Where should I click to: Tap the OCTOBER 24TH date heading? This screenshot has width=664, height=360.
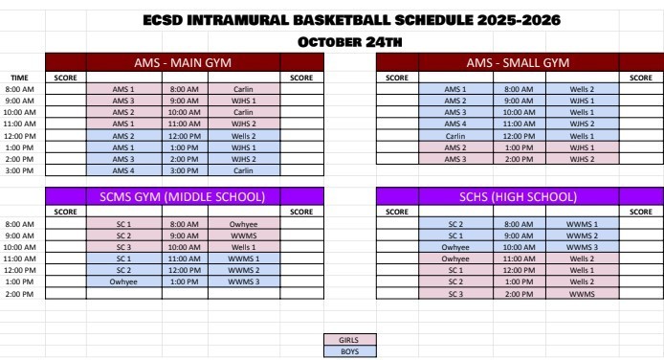point(350,40)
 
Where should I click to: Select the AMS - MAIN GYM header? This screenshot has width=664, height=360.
point(184,63)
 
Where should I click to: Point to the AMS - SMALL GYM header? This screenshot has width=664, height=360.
point(517,63)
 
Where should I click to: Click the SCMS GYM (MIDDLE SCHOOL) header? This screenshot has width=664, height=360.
point(184,197)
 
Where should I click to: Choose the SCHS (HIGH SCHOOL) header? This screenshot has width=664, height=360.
point(517,197)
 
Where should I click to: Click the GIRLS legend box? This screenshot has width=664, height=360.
point(350,339)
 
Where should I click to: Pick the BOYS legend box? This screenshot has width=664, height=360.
point(350,350)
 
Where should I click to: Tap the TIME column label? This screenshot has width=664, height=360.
point(19,78)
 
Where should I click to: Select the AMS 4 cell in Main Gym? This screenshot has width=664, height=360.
point(123,169)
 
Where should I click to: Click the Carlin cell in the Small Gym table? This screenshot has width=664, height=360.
point(454,135)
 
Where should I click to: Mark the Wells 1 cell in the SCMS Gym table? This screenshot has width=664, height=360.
point(243,247)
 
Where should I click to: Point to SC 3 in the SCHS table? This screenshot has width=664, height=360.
point(454,293)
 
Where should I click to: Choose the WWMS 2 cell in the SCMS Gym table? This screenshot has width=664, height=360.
point(243,270)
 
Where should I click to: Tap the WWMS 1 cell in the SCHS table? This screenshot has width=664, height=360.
point(582,224)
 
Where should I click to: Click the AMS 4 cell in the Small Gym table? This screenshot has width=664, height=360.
point(454,124)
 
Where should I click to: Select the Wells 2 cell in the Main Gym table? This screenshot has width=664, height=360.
point(243,135)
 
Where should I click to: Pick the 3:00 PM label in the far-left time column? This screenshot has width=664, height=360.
point(19,169)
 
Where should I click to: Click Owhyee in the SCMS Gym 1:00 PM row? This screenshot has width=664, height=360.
point(123,281)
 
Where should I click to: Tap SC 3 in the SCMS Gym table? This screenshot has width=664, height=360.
point(123,247)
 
